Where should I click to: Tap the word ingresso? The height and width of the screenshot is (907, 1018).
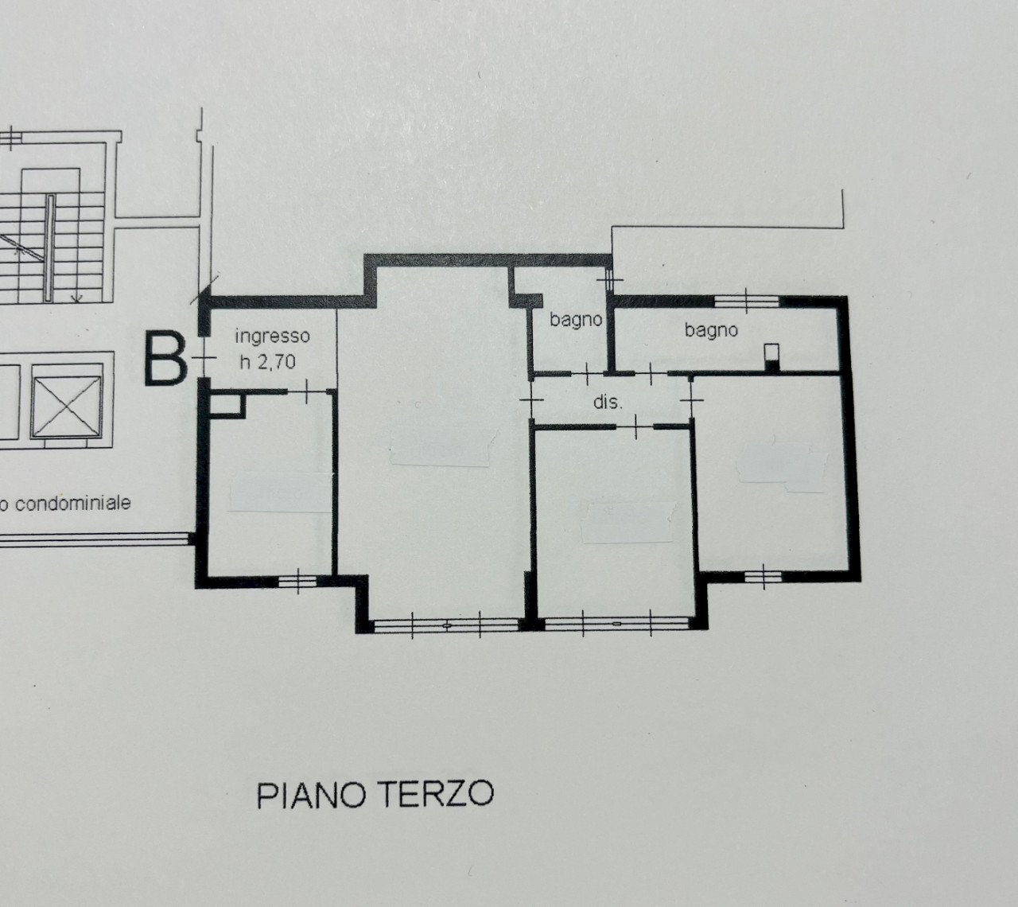coord(272,337)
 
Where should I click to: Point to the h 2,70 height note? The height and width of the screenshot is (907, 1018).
coord(267,362)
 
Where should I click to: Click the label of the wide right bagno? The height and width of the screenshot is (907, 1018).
coord(711,329)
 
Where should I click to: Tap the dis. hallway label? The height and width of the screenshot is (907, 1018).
coord(608,403)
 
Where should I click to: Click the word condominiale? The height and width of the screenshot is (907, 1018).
coord(73,504)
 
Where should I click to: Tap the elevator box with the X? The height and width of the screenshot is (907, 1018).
coord(67,402)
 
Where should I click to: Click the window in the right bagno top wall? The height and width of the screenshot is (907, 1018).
coord(745,300)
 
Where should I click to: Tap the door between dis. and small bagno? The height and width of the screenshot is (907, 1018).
coord(587,372)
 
